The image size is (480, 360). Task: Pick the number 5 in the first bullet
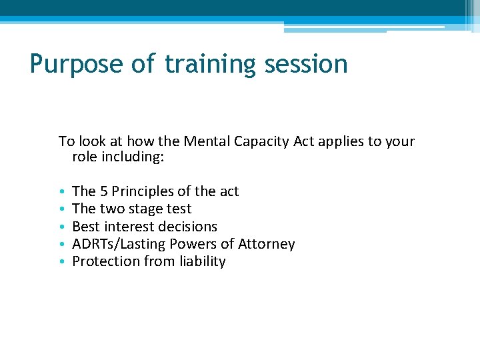pyautogui.click(x=105, y=191)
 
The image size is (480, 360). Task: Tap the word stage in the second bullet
pyautogui.click(x=148, y=209)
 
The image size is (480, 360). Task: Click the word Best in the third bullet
pyautogui.click(x=85, y=227)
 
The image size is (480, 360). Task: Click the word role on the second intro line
pyautogui.click(x=85, y=159)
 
